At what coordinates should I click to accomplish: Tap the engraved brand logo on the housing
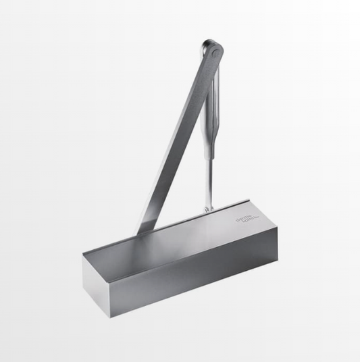pos(247,219)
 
